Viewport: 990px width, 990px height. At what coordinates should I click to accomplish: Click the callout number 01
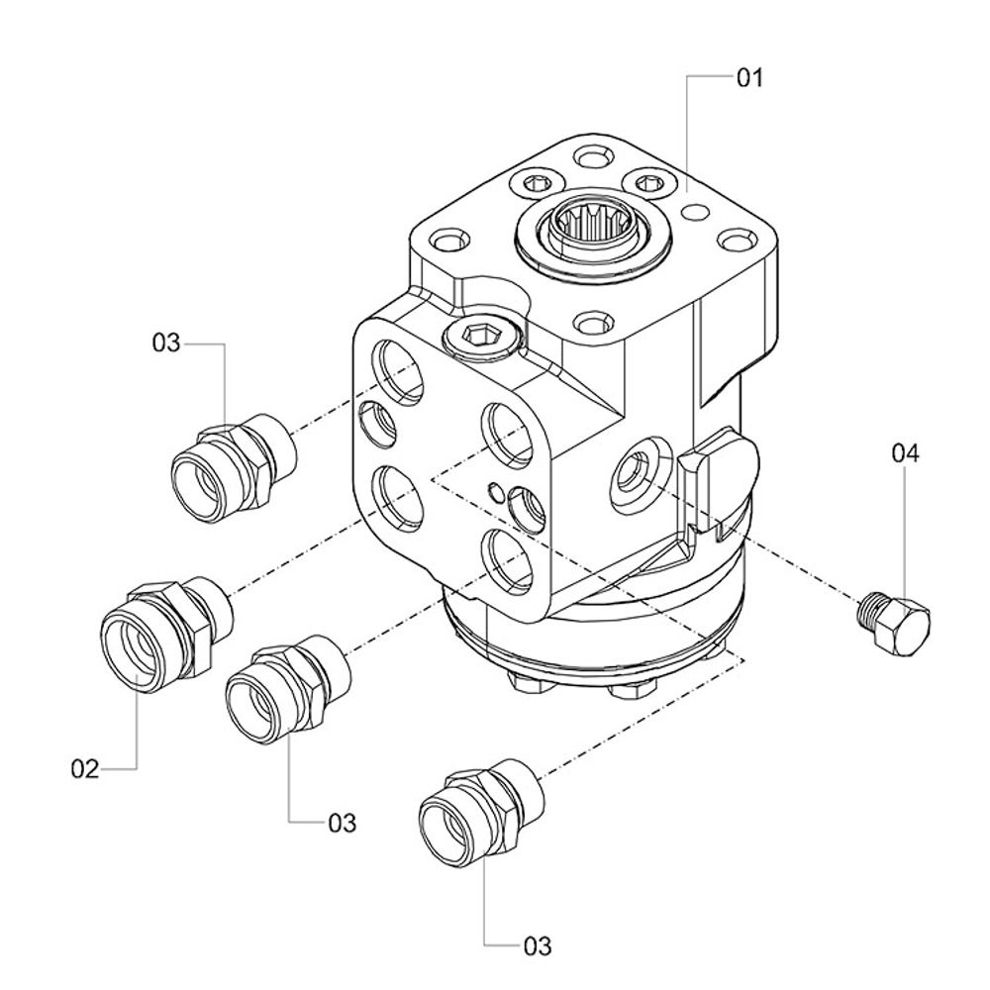pyautogui.click(x=750, y=77)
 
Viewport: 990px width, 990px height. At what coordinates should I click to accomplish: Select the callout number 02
pyautogui.click(x=85, y=768)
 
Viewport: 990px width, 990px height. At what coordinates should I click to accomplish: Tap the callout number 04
pyautogui.click(x=905, y=453)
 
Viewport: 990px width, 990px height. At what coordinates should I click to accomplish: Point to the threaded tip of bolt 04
pyautogui.click(x=871, y=605)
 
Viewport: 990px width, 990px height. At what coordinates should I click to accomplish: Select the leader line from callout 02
pyautogui.click(x=136, y=723)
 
